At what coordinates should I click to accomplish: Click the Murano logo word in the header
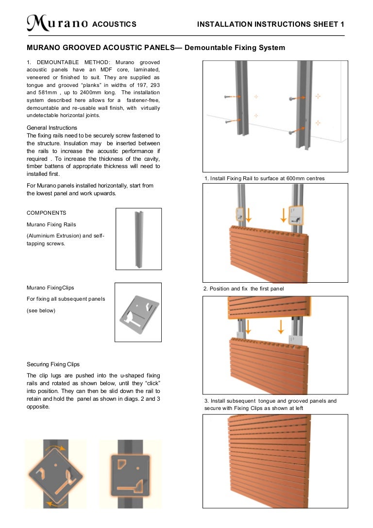pyautogui.click(x=57, y=23)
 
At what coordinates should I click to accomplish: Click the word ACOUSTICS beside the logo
pyautogui.click(x=114, y=24)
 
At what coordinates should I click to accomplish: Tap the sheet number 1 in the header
pyautogui.click(x=342, y=24)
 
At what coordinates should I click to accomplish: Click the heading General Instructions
pyautogui.click(x=52, y=128)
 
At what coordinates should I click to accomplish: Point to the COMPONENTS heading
pyautogui.click(x=47, y=213)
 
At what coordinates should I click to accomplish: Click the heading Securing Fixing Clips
pyautogui.click(x=53, y=364)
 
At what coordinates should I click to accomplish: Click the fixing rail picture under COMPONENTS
pyautogui.click(x=138, y=238)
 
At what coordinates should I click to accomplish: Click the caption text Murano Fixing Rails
pyautogui.click(x=51, y=224)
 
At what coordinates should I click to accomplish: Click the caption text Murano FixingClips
pyautogui.click(x=51, y=288)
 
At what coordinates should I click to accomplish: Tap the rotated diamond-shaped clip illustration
pyautogui.click(x=55, y=474)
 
